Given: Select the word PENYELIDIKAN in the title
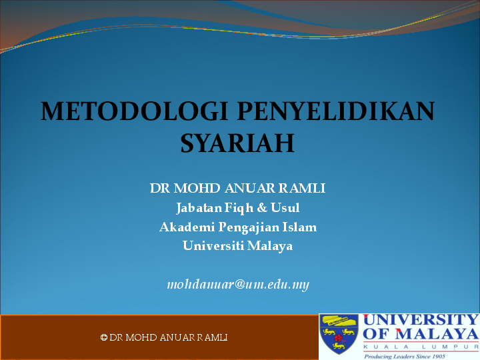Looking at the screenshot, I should coord(336,112).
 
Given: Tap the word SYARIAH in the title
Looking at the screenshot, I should coord(237,143).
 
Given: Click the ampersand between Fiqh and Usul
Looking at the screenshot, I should coord(262,208).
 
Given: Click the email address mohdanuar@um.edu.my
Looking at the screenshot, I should coord(238,285).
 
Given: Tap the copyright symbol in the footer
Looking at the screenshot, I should coord(104,338).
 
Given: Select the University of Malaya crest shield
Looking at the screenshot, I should coord(339,334).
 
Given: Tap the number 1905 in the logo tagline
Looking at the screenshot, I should coord(436,357).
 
